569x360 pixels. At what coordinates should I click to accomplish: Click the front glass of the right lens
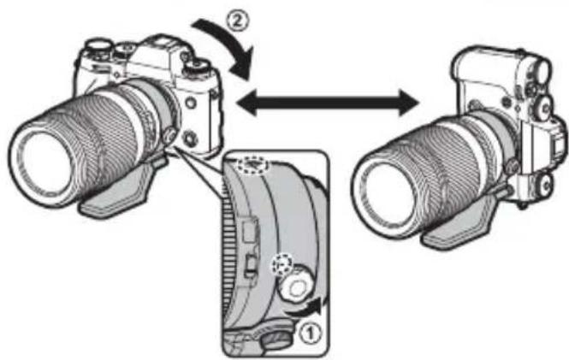tap(389, 185)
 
